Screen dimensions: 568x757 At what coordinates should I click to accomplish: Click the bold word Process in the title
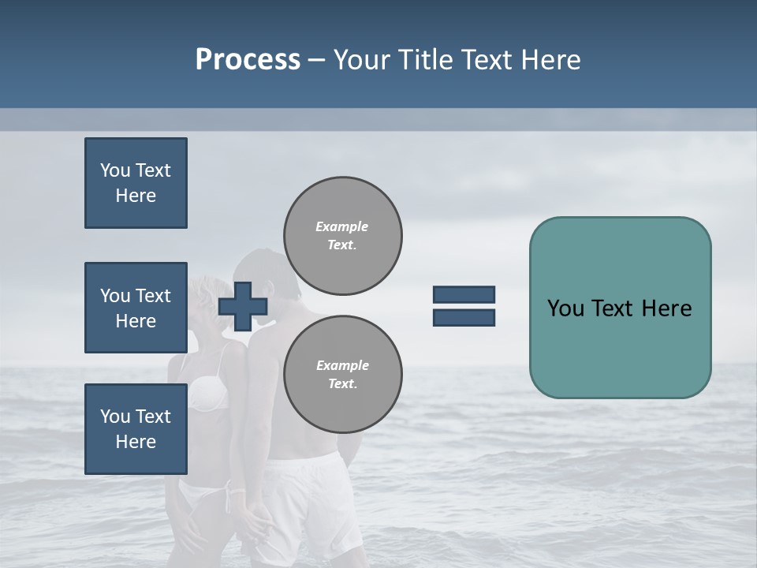click(x=248, y=60)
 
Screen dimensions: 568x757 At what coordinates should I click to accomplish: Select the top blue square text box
click(x=136, y=183)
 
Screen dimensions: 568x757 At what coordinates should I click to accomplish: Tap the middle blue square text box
click(x=136, y=308)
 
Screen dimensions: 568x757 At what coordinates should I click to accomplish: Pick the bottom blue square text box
click(x=136, y=428)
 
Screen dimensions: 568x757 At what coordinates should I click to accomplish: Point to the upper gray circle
click(x=342, y=236)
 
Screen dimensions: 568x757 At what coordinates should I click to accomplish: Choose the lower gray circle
click(x=342, y=375)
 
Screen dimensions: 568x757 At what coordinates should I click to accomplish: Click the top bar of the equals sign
click(x=464, y=295)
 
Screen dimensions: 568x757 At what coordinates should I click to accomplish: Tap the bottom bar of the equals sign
click(x=464, y=317)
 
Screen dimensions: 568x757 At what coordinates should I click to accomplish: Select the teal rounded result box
click(x=620, y=308)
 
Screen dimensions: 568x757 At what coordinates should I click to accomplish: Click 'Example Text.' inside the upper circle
click(x=342, y=236)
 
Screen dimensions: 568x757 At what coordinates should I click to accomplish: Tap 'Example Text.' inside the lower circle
click(x=342, y=375)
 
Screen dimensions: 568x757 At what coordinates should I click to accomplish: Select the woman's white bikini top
click(x=207, y=392)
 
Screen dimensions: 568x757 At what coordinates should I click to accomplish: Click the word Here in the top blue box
click(x=136, y=196)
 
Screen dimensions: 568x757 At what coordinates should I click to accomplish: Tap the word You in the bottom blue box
click(x=115, y=417)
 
